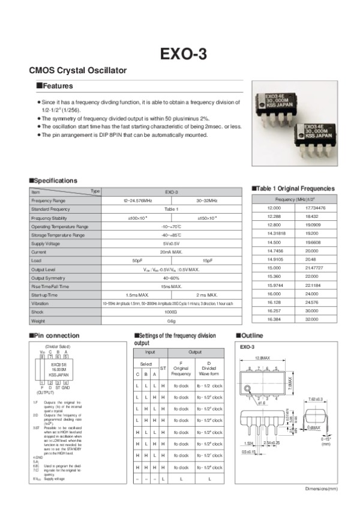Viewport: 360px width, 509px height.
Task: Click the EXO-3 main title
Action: [183, 53]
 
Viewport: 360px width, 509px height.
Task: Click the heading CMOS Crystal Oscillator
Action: [78, 70]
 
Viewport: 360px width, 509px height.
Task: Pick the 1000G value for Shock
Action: [172, 313]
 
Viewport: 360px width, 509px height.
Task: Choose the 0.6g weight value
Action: [172, 321]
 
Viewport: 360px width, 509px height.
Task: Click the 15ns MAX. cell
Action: [172, 287]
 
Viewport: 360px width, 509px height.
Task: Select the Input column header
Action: [150, 352]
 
